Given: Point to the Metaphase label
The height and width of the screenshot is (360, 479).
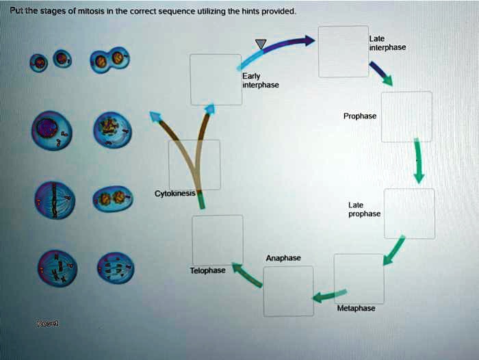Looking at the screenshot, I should [356, 309].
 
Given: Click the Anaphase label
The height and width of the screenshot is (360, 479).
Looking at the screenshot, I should [283, 258].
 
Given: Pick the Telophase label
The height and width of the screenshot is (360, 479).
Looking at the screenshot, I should [207, 271].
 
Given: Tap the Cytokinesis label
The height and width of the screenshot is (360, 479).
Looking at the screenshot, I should [175, 193].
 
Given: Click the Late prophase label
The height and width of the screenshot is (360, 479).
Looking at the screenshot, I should [364, 209].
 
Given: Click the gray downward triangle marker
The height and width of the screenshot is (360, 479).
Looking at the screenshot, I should [261, 44].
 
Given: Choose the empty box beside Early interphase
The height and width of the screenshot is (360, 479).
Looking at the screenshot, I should [216, 79].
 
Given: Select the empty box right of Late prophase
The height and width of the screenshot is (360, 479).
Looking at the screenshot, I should [409, 214].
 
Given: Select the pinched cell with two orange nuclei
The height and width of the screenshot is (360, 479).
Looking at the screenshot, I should [109, 60].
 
